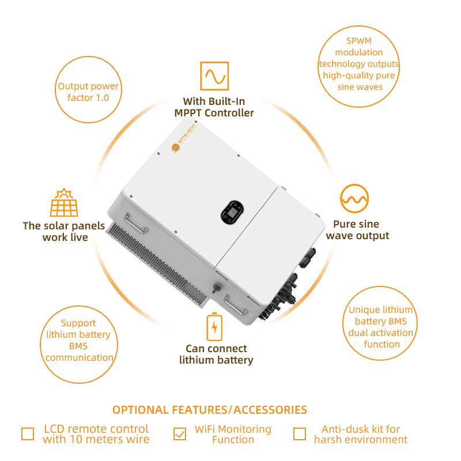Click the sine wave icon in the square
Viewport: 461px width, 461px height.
[x=214, y=76]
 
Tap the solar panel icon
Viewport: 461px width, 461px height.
[x=64, y=203]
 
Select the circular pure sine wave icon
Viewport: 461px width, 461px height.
[x=354, y=198]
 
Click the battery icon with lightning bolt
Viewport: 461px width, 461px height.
[x=214, y=327]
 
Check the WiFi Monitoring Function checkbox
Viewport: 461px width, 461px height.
[x=180, y=434]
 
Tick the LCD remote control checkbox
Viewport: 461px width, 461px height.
[x=28, y=434]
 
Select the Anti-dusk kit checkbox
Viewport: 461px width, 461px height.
[x=300, y=434]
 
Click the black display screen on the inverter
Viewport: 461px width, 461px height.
[x=232, y=212]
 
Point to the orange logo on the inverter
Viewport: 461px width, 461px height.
[x=176, y=148]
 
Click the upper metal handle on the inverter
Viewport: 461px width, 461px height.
[x=136, y=224]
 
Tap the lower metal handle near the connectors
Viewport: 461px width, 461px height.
[x=236, y=305]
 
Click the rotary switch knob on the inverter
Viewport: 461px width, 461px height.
[x=217, y=288]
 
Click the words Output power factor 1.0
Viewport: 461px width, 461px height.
[x=88, y=92]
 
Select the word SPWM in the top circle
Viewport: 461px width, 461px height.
[x=358, y=41]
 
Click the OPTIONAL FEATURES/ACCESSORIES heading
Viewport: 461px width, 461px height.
[x=210, y=410]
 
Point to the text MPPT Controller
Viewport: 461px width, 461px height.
[x=214, y=113]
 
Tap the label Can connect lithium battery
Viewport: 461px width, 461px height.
[x=217, y=354]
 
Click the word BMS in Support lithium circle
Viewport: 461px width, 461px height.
[x=78, y=346]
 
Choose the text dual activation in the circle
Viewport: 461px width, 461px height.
[x=381, y=332]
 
